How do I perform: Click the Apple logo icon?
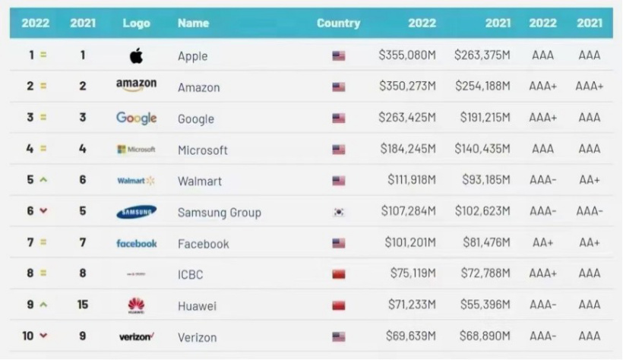coord(136,55)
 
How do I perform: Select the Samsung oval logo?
coord(137,212)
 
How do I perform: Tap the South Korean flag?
coord(339,213)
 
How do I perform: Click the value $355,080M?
coord(407,55)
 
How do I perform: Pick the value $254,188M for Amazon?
coord(483,87)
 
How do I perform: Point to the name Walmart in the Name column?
coord(199,182)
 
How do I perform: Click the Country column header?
coord(338,23)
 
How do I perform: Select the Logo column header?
coord(136,23)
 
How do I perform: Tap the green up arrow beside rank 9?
coord(43,305)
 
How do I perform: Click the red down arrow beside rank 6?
coord(43,211)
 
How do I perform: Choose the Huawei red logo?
coord(136,305)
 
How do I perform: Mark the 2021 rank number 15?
coord(83,305)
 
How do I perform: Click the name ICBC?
coord(190,275)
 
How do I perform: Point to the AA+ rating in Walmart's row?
coord(590,181)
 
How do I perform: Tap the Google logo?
coord(137,118)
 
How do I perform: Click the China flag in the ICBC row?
coord(339,274)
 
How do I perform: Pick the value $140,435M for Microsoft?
coord(483,150)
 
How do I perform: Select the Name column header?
coord(193,23)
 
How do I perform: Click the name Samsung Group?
coord(219,213)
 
